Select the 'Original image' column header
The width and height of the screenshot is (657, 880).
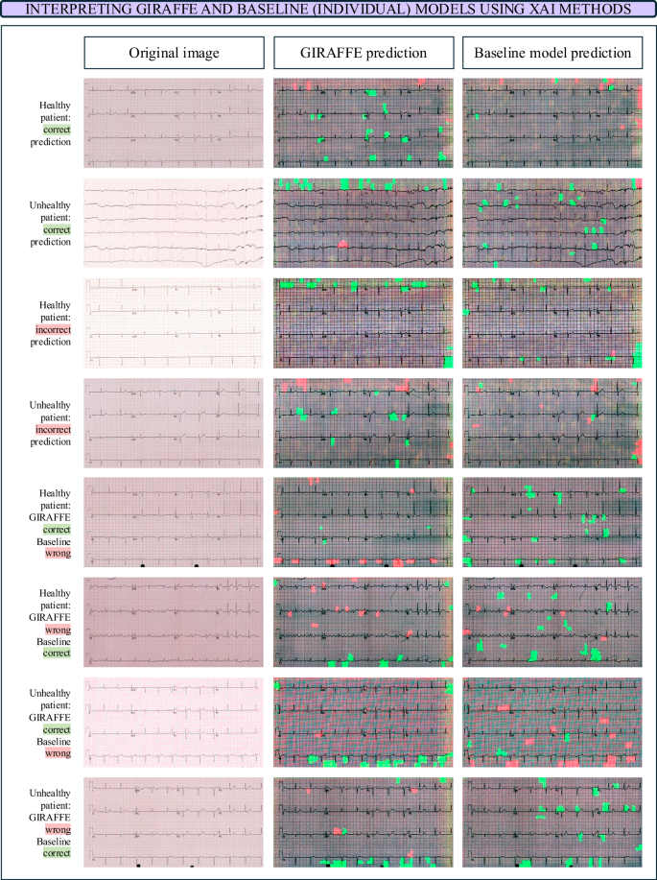coord(174,53)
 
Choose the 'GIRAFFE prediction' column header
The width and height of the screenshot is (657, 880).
coord(363,53)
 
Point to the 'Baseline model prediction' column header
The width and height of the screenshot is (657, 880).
coord(551,53)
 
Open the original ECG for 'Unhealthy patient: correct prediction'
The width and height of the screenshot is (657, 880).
coord(174,222)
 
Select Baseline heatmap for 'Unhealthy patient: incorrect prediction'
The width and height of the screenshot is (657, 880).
coord(551,423)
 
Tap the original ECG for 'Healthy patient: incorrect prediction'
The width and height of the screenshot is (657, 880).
coord(174,322)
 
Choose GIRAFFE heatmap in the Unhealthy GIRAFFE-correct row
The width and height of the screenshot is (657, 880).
coord(363,724)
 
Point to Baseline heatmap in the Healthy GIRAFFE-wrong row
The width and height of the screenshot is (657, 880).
coord(551,622)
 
